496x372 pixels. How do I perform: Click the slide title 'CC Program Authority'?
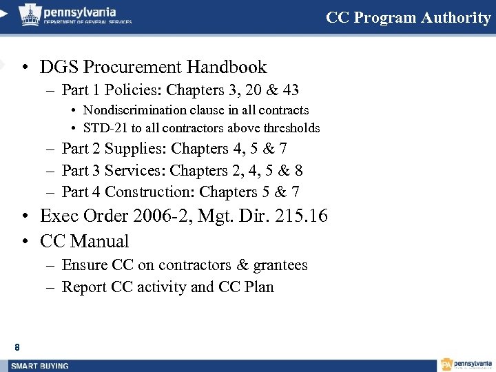click(x=408, y=18)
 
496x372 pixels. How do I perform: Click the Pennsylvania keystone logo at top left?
click(x=29, y=14)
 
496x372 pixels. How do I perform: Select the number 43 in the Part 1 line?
click(x=289, y=90)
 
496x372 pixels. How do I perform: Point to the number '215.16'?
click(x=300, y=216)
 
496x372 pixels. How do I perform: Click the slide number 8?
click(x=17, y=347)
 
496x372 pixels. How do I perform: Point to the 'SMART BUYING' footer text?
click(x=39, y=366)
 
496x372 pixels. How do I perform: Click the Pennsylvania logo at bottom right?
click(x=466, y=364)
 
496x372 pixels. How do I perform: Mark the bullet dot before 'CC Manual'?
click(x=24, y=242)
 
